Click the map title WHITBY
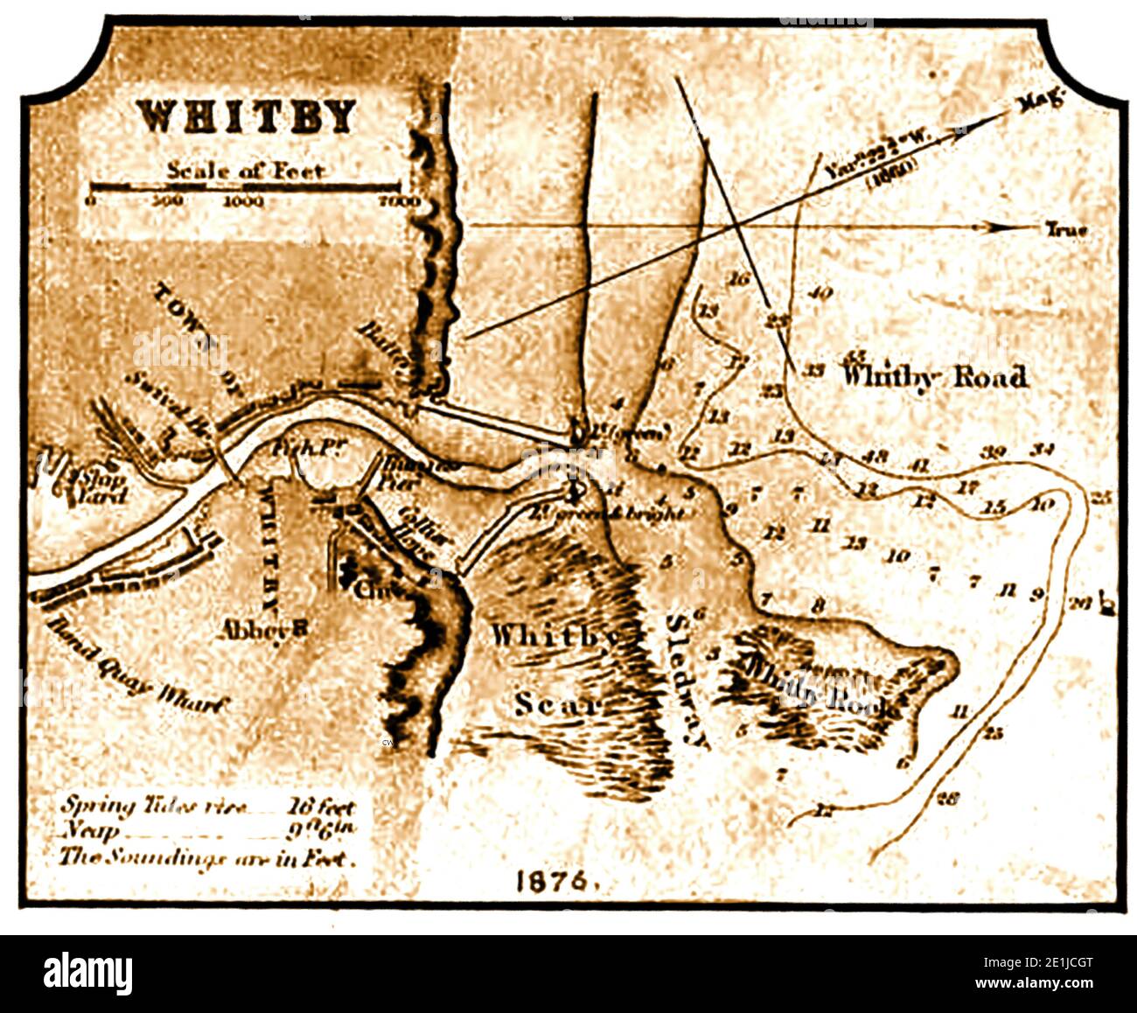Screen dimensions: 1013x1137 tap(248, 117)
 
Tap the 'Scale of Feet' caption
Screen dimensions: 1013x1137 tap(246, 171)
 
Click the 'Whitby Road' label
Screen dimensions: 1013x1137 tap(933, 377)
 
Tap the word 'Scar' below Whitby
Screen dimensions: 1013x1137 tap(556, 702)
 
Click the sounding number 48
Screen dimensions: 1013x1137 tap(875, 456)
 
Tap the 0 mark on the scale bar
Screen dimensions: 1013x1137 tap(92, 201)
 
